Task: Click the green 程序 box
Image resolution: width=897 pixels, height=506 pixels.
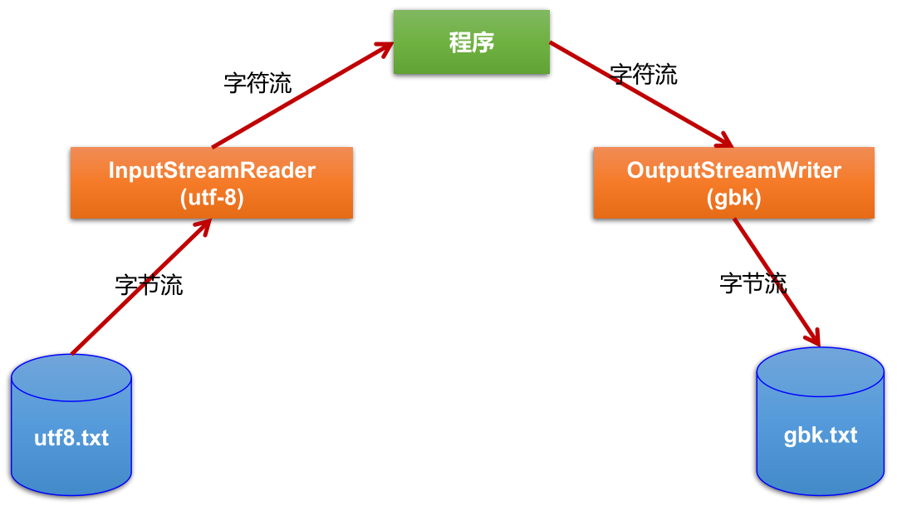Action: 471,42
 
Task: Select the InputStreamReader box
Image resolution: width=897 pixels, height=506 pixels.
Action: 212,183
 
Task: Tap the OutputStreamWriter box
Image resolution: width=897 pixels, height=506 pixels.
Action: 733,183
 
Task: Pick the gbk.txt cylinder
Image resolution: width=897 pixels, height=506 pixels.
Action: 821,422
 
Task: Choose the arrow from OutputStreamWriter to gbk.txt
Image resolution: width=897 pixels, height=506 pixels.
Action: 777,282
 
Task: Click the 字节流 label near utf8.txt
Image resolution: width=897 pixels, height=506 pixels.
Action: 149,285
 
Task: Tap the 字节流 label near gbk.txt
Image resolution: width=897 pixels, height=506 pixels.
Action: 753,282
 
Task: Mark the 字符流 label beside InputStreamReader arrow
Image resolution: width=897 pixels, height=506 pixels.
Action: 258,82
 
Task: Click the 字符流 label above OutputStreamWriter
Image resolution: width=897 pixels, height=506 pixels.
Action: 644,74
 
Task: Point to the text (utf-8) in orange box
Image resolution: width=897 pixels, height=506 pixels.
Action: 212,198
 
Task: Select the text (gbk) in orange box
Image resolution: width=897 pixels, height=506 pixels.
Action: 733,198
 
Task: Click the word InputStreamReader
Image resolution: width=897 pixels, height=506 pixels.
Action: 212,170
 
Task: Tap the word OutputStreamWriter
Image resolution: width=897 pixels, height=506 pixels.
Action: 733,170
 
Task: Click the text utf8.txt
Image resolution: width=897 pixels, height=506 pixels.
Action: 71,438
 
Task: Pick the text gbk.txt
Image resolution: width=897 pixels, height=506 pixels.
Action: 821,435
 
